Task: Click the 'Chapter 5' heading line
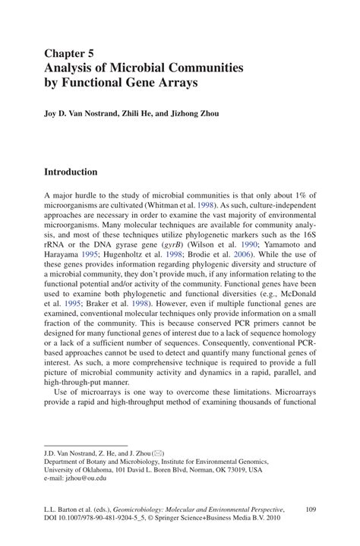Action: tap(70, 54)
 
